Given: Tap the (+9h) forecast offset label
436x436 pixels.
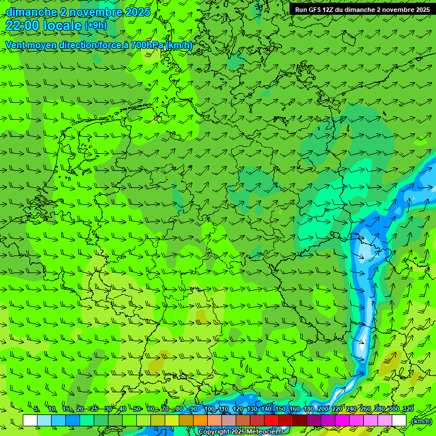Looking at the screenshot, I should pyautogui.click(x=95, y=26).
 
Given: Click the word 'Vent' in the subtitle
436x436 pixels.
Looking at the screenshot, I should pyautogui.click(x=16, y=45).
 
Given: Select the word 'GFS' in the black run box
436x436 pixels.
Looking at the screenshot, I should pyautogui.click(x=319, y=10).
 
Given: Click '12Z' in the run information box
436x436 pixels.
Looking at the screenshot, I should pyautogui.click(x=336, y=10).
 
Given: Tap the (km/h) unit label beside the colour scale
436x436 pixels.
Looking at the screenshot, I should pyautogui.click(x=421, y=421).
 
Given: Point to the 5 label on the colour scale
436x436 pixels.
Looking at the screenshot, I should pyautogui.click(x=36, y=409).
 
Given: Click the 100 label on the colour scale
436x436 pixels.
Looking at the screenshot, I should pyautogui.click(x=210, y=409).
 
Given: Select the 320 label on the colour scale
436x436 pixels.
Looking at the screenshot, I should pyautogui.click(x=408, y=409).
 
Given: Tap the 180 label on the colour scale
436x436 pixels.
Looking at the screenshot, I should pyautogui.click(x=308, y=409).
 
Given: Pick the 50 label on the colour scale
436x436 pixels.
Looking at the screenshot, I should pyautogui.click(x=137, y=409).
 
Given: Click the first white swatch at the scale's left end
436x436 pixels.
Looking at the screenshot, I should pyautogui.click(x=30, y=421).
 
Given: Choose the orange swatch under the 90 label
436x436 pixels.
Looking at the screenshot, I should pyautogui.click(x=200, y=421).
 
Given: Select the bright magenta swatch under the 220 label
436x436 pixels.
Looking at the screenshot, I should pyautogui.click(x=342, y=421).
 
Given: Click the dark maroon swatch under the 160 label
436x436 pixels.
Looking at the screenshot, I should pyautogui.click(x=300, y=421).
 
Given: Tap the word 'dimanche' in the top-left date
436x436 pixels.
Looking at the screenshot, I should pyautogui.click(x=31, y=12).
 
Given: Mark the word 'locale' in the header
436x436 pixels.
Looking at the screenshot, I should pyautogui.click(x=62, y=26).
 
